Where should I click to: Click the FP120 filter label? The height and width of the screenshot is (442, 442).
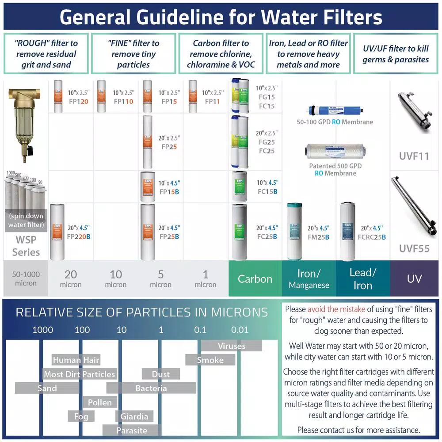pyautogui.click(x=78, y=102)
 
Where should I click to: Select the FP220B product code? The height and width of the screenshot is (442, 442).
pyautogui.click(x=79, y=236)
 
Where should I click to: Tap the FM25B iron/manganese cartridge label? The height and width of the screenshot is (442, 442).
pyautogui.click(x=318, y=237)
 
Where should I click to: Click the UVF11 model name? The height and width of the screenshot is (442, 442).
pyautogui.click(x=414, y=156)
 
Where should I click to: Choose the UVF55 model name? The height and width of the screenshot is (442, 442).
pyautogui.click(x=414, y=248)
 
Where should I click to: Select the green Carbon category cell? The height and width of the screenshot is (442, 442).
pyautogui.click(x=255, y=278)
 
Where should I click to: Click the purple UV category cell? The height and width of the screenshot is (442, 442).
pyautogui.click(x=414, y=278)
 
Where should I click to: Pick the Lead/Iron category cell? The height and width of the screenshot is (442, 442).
pyautogui.click(x=363, y=278)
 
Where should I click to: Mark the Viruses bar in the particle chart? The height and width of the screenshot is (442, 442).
pyautogui.click(x=232, y=346)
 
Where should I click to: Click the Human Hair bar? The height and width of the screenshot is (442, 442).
pyautogui.click(x=76, y=360)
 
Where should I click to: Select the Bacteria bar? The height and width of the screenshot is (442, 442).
pyautogui.click(x=151, y=388)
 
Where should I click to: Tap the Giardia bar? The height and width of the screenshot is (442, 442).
pyautogui.click(x=134, y=416)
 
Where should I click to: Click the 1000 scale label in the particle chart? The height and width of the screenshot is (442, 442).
pyautogui.click(x=43, y=330)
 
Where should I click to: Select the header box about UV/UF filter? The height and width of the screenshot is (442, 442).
pyautogui.click(x=396, y=54)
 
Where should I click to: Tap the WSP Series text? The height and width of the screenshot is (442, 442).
pyautogui.click(x=26, y=246)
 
